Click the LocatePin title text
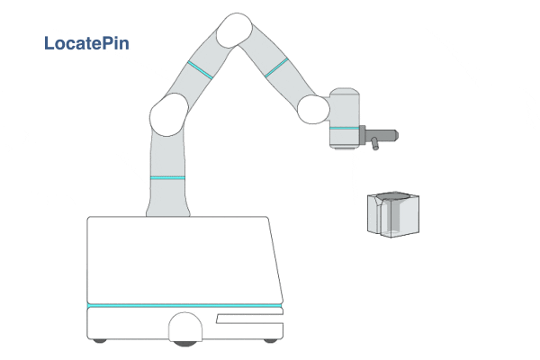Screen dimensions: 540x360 (x=86, y=43)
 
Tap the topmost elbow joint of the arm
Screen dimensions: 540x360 (x=235, y=30)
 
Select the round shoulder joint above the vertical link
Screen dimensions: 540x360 (x=169, y=114)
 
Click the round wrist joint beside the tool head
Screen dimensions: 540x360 (x=313, y=109)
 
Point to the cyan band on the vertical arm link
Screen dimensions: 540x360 (x=167, y=178)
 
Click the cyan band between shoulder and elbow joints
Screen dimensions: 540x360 (x=200, y=70)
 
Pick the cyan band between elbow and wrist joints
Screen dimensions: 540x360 (x=276, y=67)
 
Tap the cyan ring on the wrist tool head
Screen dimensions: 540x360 (x=344, y=128)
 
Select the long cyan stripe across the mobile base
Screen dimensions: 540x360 (x=184, y=306)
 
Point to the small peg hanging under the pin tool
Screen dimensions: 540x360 (x=374, y=144)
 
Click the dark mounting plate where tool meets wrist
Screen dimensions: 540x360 (x=362, y=135)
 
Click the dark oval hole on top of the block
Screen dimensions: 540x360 (x=393, y=196)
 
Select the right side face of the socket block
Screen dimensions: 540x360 (x=406, y=216)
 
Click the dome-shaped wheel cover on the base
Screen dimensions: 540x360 (x=185, y=327)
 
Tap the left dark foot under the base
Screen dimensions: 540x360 (x=100, y=341)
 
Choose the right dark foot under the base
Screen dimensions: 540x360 (x=270, y=341)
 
